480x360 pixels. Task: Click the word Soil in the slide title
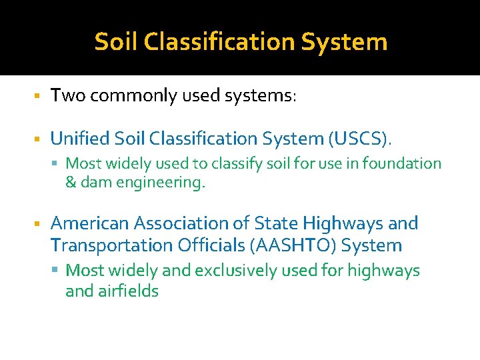pyautogui.click(x=117, y=42)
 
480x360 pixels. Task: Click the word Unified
pyautogui.click(x=81, y=139)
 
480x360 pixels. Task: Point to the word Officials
pyautogui.click(x=212, y=245)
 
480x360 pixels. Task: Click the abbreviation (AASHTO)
pyautogui.click(x=294, y=245)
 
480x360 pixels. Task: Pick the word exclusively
pyautogui.click(x=233, y=271)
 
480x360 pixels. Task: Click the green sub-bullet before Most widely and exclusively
pyautogui.click(x=59, y=271)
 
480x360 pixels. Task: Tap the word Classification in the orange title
pyautogui.click(x=221, y=42)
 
